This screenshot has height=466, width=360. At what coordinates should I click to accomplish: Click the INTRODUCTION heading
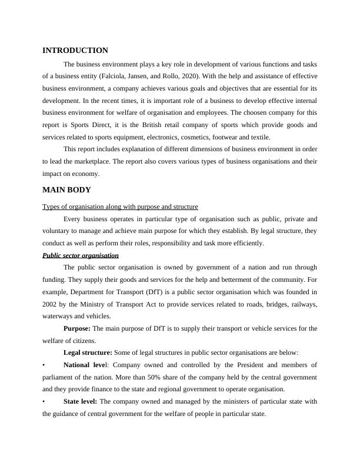point(75,51)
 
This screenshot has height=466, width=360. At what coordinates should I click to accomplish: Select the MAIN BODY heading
point(67,190)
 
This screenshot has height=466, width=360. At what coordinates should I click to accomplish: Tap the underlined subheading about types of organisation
point(120,207)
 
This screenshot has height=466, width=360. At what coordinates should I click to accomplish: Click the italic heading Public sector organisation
point(81,255)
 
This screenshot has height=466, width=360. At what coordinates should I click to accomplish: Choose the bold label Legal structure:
point(87,352)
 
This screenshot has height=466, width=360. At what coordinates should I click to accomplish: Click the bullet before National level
point(44,365)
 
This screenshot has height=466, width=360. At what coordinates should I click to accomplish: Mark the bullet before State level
point(44,401)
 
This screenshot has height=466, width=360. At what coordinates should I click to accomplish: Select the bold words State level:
point(81,401)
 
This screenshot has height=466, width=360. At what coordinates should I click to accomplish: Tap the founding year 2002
point(50,304)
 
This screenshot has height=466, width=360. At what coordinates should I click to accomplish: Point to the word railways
point(303,304)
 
